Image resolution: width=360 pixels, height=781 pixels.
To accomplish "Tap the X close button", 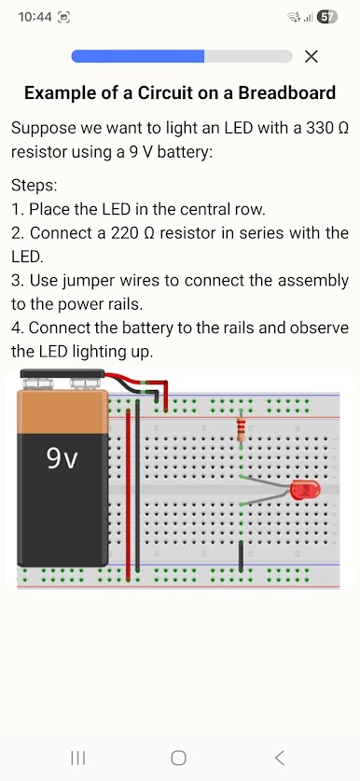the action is coord(312,57).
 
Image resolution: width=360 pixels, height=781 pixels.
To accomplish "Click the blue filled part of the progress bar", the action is coord(138,56).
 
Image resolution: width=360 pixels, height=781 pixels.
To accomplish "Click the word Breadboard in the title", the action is coord(287,92).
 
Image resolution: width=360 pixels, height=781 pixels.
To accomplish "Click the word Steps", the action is coord(35,187).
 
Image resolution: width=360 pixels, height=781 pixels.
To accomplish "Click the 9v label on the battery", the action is coord(62,458).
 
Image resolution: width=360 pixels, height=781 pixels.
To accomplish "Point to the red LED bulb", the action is coord(305,490).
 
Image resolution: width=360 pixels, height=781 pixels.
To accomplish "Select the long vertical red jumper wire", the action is coord(129,495).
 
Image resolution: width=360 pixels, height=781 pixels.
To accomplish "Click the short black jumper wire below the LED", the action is coord(241,556).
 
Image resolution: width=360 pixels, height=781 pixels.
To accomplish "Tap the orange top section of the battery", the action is coord(62,411).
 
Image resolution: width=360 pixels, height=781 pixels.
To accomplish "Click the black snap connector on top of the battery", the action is coord(62,373).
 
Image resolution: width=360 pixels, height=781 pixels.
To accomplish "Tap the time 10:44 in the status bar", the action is coord(35,17).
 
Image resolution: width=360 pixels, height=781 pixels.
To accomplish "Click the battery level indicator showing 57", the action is coord(326,17).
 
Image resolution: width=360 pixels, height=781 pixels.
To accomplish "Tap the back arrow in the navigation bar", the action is coord(280,758).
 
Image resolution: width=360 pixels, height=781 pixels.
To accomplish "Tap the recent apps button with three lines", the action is coord(78,758).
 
